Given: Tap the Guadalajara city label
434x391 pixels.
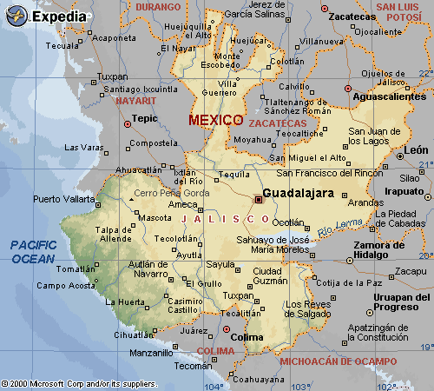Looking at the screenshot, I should pos(298,193).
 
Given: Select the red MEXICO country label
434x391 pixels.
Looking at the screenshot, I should pos(216,119).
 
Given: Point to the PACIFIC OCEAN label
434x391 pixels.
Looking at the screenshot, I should pos(34,252).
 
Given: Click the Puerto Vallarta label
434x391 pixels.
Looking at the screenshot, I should pos(64,199).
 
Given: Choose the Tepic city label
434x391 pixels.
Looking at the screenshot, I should pos(143,117).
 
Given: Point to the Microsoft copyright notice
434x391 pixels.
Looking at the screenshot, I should pos(79,383).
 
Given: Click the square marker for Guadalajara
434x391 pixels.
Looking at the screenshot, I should pos(257,199).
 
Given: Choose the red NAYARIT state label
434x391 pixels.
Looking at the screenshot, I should pos(135,100).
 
